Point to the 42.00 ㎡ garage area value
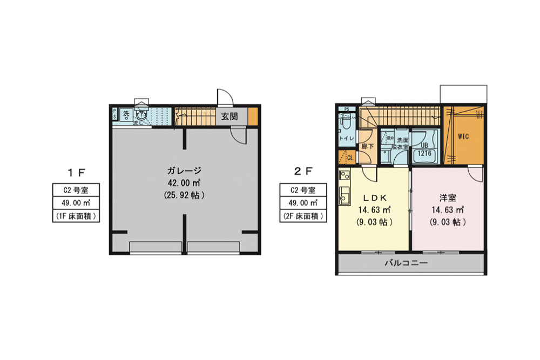pos(184,183)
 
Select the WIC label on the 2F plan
pos(463,137)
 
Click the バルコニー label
pos(406,264)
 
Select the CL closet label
pos(349,158)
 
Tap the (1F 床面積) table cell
pos(77,216)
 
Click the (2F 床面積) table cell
pos(303,216)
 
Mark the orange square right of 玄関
pos(253,116)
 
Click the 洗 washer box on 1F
pos(125,114)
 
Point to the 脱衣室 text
pos(401,147)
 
